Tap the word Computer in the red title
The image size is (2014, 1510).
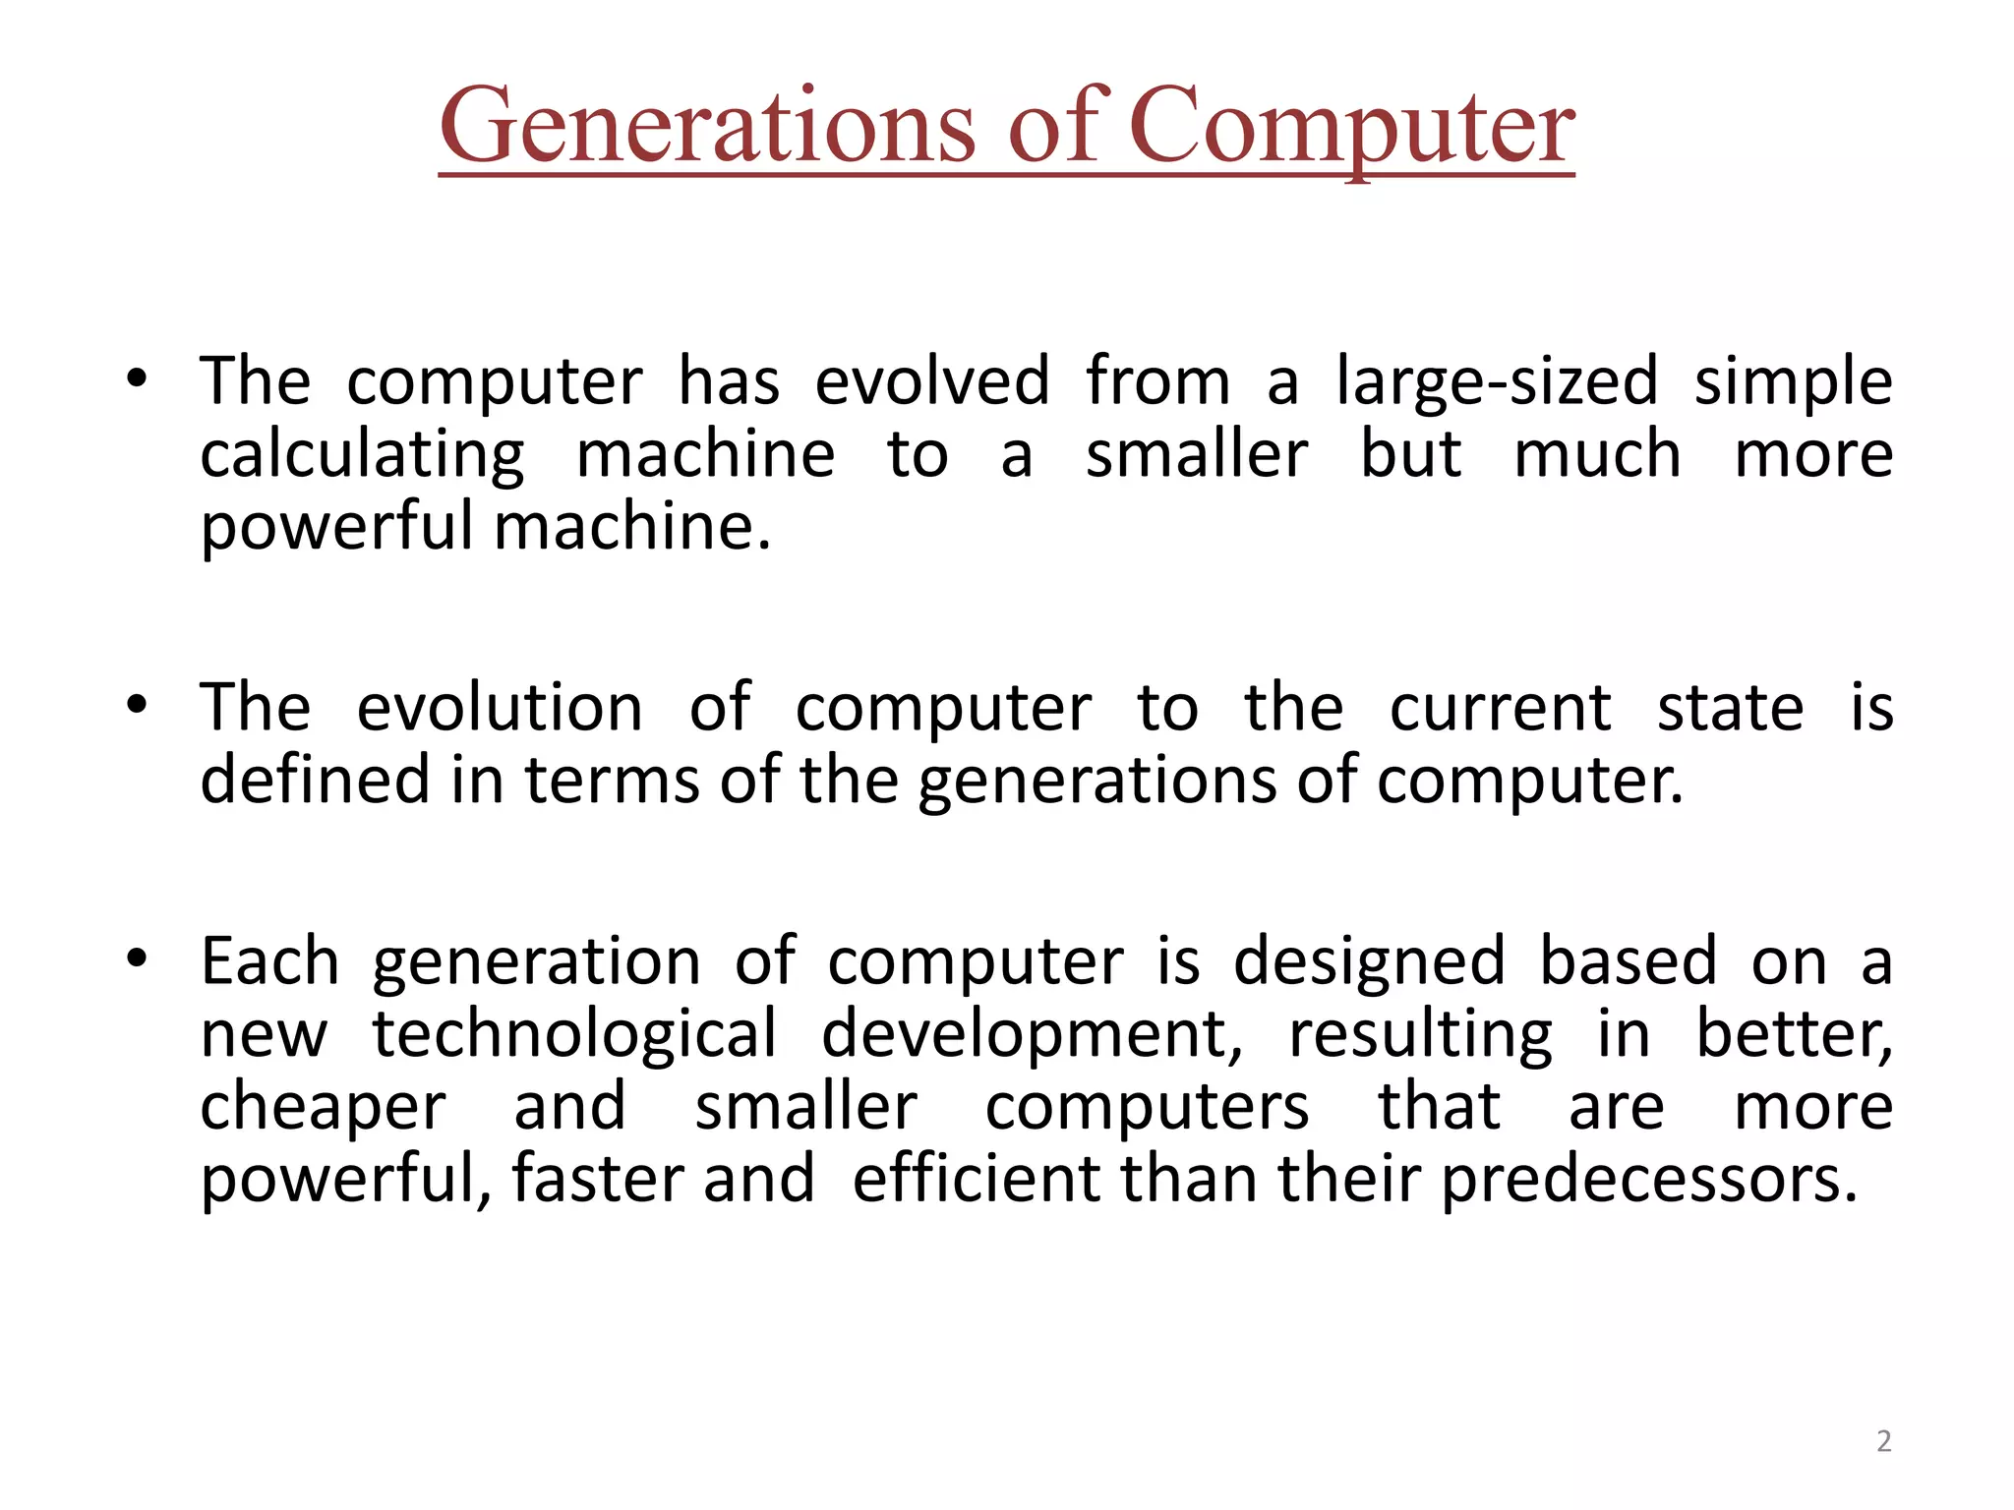[1351, 128]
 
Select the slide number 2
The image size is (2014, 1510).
[1883, 1441]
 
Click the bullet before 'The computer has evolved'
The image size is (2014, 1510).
[137, 379]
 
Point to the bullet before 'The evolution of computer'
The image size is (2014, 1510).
[137, 705]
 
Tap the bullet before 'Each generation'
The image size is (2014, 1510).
[137, 958]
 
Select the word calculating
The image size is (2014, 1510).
[362, 456]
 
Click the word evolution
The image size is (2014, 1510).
[499, 707]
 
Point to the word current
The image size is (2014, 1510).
[1500, 709]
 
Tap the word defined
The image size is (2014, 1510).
[315, 779]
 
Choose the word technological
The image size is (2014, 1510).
[574, 1035]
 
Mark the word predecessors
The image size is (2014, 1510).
[1649, 1180]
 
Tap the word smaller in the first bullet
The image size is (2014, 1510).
[1196, 454]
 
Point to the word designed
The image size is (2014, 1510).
[1369, 962]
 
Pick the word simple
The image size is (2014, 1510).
[1793, 383]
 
